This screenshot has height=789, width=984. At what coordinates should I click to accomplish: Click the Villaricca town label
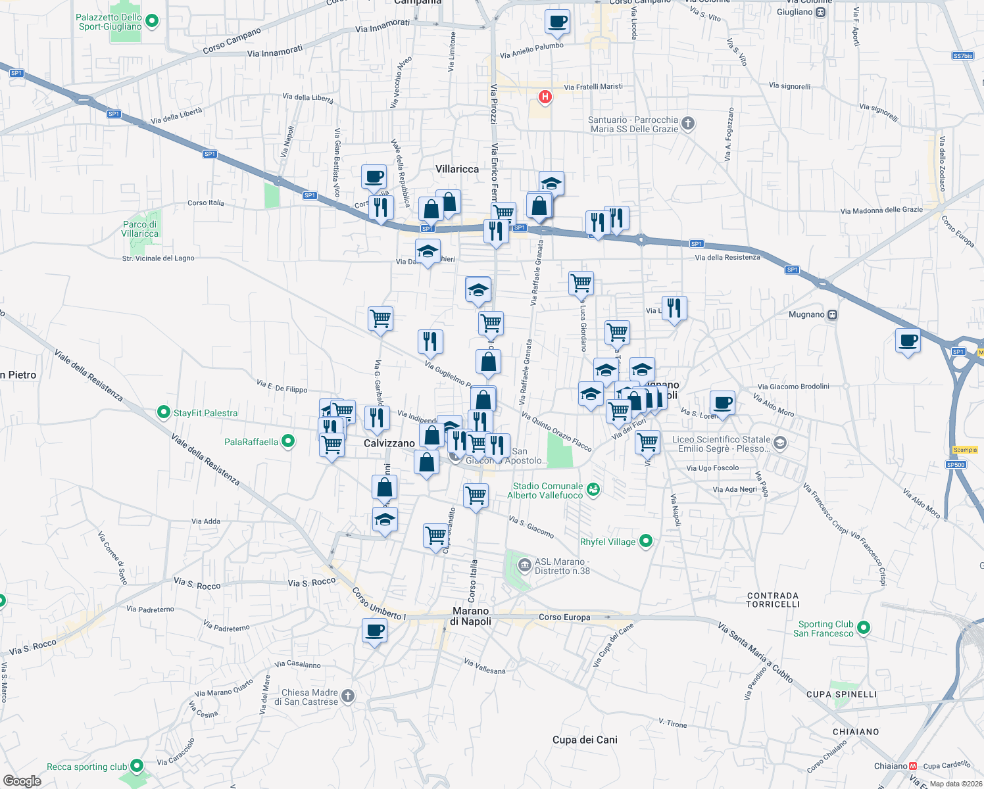pos(457,169)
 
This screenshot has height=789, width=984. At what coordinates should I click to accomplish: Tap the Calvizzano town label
pos(389,443)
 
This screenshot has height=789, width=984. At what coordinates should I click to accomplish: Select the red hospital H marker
pos(545,97)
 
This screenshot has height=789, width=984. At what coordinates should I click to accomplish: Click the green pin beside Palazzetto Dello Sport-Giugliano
pos(152,22)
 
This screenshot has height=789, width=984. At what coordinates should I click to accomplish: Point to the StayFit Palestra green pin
pos(164,413)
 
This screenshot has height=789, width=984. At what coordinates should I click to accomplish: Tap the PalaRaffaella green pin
pos(288,441)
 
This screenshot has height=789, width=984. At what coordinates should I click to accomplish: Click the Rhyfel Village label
pos(608,542)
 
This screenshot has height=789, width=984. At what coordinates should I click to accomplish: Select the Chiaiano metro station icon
pos(913,766)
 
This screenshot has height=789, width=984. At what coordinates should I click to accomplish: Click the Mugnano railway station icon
pos(833,314)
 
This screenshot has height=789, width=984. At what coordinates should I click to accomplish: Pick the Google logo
pos(22,781)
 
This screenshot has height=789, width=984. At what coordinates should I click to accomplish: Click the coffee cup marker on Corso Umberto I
pos(375,631)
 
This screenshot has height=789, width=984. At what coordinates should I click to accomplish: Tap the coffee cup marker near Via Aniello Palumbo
pos(557,22)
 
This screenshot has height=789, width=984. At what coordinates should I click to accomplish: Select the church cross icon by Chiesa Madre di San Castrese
pos(349,696)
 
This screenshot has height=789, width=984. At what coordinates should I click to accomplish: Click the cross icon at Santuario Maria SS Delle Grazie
pos(688,123)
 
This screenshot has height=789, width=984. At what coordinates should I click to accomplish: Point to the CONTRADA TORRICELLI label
pos(773,600)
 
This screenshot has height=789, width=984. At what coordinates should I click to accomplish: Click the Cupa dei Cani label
pos(585,740)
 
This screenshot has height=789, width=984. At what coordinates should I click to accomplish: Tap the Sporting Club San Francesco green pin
pos(864,628)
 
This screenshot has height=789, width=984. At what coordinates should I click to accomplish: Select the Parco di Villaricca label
pos(140,229)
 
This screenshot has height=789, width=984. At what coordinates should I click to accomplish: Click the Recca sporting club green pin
pos(137,766)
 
